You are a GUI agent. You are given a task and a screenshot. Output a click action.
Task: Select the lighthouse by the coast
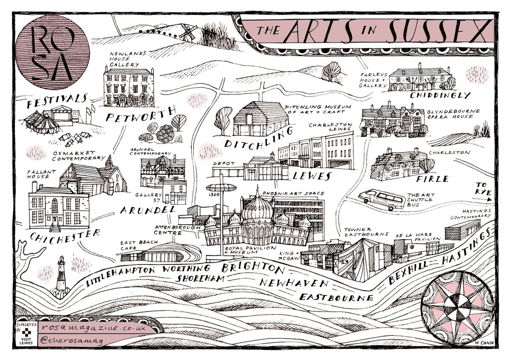tap(62, 274)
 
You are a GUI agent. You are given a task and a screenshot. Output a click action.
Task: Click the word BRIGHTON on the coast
tap(251, 269)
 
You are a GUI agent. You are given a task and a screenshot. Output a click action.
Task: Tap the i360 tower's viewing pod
tap(221, 188)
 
